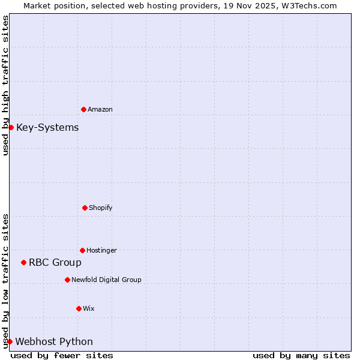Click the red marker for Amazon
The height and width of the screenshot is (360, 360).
click(83, 109)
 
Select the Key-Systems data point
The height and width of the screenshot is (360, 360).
click(11, 127)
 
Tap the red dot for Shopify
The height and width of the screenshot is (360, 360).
click(85, 208)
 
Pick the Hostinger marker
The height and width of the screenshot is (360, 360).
click(82, 250)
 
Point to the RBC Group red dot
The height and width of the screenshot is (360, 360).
click(23, 262)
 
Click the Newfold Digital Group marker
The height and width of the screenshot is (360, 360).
click(67, 280)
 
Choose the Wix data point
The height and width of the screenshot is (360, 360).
click(79, 308)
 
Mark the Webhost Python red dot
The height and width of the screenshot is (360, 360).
click(10, 341)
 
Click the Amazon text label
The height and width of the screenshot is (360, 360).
click(100, 109)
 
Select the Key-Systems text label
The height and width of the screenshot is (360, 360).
click(47, 127)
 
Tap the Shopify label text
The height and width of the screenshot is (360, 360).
click(101, 208)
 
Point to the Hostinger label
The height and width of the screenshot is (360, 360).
click(101, 250)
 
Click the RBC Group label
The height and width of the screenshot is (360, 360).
click(55, 262)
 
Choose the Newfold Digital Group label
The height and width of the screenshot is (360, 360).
click(106, 280)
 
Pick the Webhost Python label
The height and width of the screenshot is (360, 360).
click(54, 341)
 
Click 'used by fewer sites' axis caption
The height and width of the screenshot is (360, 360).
click(62, 355)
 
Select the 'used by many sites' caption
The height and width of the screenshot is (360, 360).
click(301, 355)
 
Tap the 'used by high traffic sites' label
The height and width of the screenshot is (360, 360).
click(5, 85)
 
